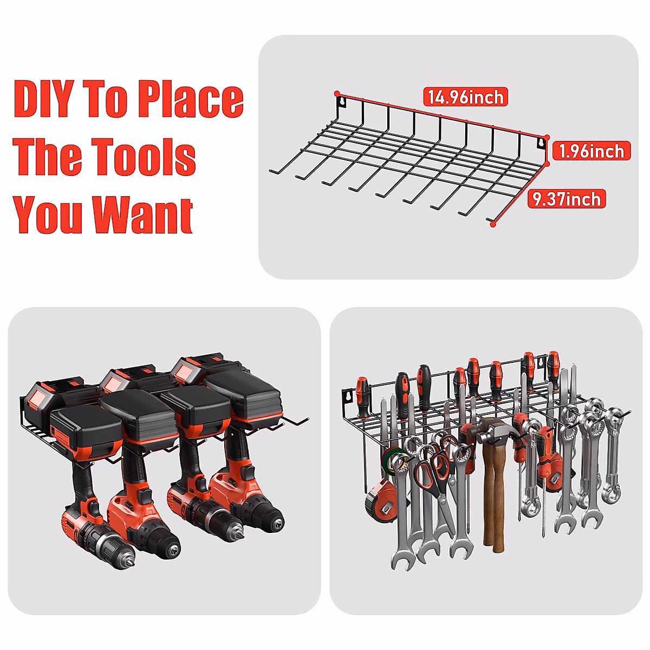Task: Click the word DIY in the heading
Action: pyautogui.click(x=43, y=99)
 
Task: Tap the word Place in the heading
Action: pyautogui.click(x=190, y=99)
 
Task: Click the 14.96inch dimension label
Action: pyautogui.click(x=465, y=97)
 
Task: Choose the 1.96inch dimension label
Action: pyautogui.click(x=591, y=151)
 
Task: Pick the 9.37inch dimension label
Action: pyautogui.click(x=567, y=199)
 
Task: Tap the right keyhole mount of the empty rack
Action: pyautogui.click(x=540, y=143)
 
